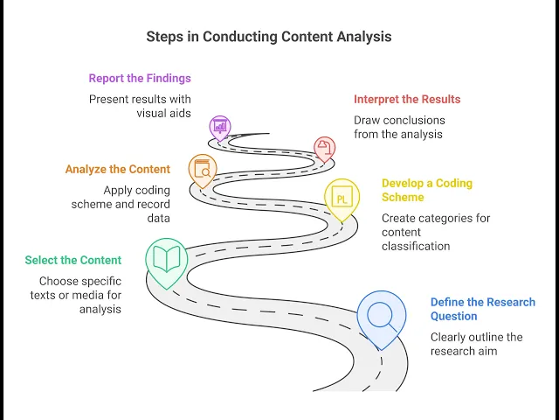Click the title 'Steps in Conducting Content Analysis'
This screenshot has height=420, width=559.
pos(268,37)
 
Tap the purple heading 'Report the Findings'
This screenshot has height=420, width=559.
pos(140,78)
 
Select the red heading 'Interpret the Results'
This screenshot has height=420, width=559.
pos(407,99)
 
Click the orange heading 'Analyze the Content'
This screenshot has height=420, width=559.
pos(117,169)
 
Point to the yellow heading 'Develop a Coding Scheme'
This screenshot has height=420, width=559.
pos(426,190)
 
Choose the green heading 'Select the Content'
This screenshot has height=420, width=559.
pos(73,260)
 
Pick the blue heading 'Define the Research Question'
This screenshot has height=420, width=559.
pos(482,309)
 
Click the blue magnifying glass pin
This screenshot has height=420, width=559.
pos(382,315)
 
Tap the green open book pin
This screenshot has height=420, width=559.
pos(166,258)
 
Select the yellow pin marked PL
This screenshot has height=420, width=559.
pos(342,199)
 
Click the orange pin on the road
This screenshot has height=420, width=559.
pos(204,169)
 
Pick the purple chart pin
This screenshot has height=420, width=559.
pos(220,127)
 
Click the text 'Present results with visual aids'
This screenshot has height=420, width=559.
pos(140,106)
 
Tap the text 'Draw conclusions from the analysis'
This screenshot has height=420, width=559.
pos(399,127)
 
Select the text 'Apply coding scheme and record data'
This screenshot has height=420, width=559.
pos(121,204)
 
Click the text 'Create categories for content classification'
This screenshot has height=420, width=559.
pos(435,232)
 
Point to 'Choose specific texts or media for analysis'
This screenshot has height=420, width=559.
pos(79,295)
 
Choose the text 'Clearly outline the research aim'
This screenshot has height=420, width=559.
pos(476,344)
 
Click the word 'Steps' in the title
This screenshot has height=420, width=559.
pos(164,37)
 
